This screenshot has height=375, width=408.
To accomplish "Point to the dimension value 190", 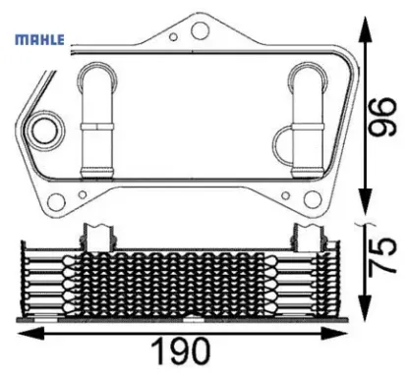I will (x=183, y=351).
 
